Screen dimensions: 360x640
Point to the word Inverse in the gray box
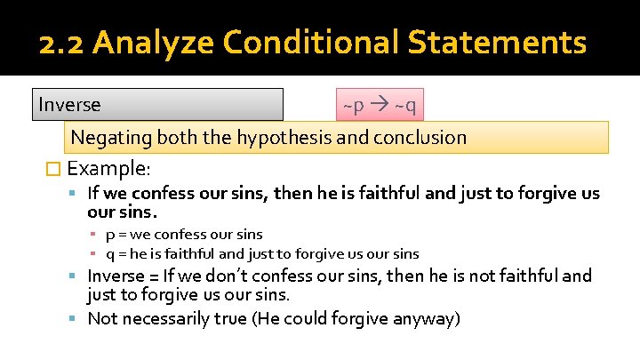pyautogui.click(x=69, y=105)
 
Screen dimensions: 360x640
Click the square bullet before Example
pyautogui.click(x=55, y=169)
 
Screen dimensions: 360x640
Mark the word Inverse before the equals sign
pyautogui.click(x=116, y=276)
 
